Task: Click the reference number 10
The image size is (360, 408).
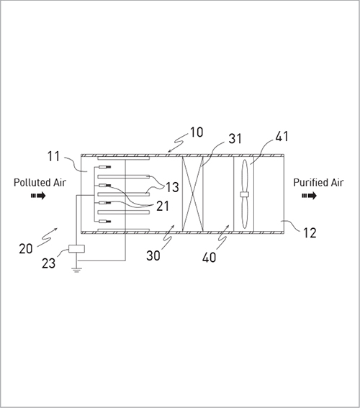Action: coord(197,132)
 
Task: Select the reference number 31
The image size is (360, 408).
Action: coord(235,138)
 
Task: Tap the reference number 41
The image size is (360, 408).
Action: coord(282,136)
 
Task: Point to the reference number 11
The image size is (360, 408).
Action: coord(53,157)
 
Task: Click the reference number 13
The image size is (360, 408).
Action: coord(172,187)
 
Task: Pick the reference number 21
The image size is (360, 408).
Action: coord(163,206)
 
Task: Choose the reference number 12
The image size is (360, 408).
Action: coord(310,232)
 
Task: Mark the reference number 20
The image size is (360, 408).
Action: coord(26,249)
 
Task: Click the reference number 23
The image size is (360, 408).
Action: coord(49,263)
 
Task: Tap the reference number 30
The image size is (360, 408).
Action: coord(153,255)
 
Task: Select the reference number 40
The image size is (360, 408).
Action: coord(209,258)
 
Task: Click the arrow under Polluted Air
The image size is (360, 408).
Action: coord(38,196)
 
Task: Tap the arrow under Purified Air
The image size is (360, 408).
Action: coord(310,196)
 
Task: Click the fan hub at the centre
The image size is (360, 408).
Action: coord(244,194)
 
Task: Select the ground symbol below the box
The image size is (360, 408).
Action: coord(76,270)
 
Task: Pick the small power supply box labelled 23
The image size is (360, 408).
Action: coord(76,249)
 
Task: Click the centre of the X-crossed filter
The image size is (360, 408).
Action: coord(192,194)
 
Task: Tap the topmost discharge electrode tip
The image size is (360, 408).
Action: coord(109,167)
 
